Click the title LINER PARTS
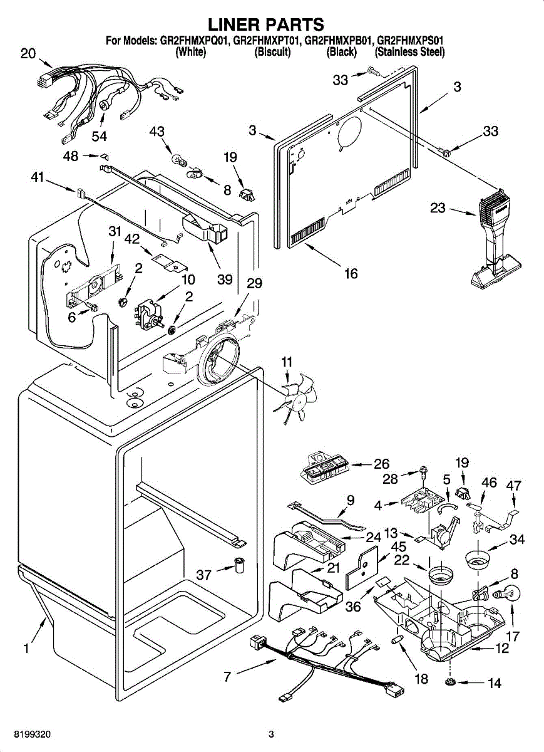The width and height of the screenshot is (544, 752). point(265,24)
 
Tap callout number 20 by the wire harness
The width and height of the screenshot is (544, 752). point(28,54)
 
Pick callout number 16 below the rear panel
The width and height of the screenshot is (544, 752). point(351,274)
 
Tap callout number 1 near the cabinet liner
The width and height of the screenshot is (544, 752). point(26,649)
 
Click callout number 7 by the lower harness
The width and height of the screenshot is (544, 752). point(228,676)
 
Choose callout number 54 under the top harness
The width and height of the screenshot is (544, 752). point(99,136)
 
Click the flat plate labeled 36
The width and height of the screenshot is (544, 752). point(364,568)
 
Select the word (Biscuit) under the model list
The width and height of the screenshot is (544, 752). point(272,53)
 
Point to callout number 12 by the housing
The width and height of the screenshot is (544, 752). point(502,649)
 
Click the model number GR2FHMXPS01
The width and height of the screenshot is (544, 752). point(410,41)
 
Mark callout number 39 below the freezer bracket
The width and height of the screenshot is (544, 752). point(225,279)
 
